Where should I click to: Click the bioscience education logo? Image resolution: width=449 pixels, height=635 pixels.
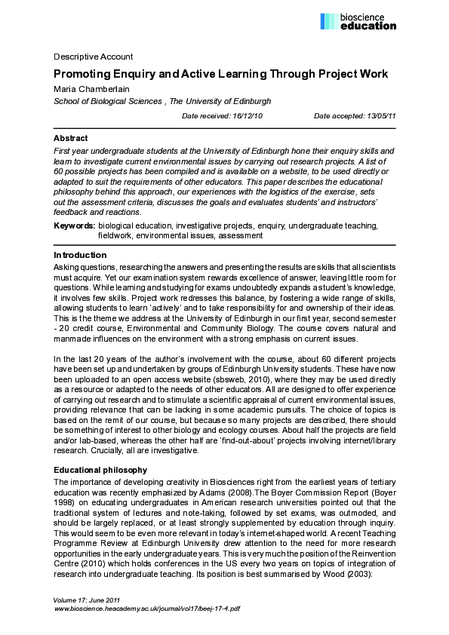pyautogui.click(x=358, y=21)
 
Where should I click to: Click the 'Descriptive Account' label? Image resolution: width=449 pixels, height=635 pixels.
pyautogui.click(x=93, y=57)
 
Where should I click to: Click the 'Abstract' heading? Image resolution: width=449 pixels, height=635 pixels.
pyautogui.click(x=70, y=138)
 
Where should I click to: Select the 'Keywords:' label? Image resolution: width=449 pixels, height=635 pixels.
pyautogui.click(x=74, y=225)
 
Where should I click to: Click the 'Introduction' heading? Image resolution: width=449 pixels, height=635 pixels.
pyautogui.click(x=80, y=256)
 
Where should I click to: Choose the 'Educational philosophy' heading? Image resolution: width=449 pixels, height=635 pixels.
pyautogui.click(x=100, y=470)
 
